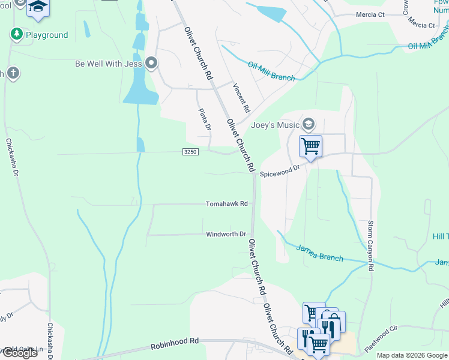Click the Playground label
pos(46,35)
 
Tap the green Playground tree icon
pos(16,34)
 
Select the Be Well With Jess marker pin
pos(151,63)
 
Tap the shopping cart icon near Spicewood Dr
pos(310,146)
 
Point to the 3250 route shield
pos(190,152)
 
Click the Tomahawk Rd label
pos(226,204)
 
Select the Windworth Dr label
pos(226,234)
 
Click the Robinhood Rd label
pos(174,344)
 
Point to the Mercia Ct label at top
pos(370,14)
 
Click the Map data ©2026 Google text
pos(412,355)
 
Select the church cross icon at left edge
pos(13,73)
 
